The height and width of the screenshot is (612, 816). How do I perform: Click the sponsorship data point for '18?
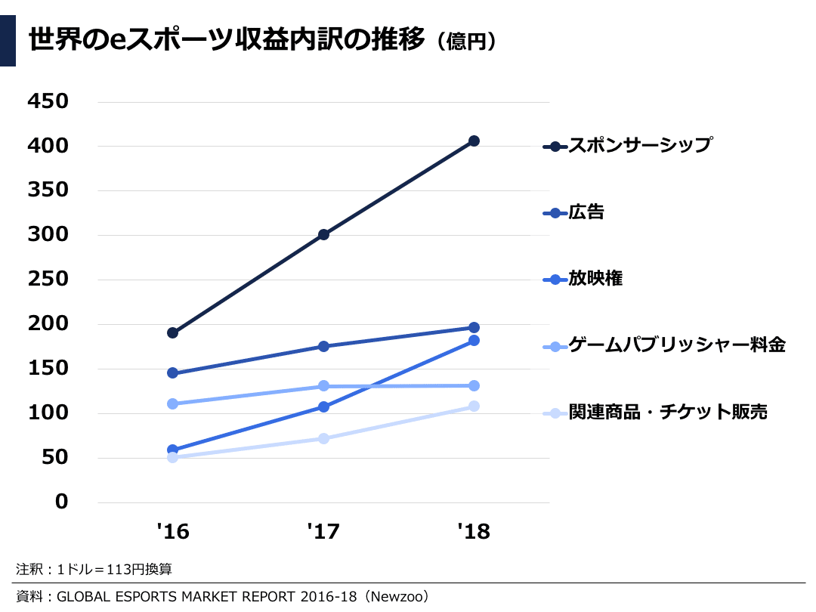474,141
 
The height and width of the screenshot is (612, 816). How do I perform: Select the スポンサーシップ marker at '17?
323,234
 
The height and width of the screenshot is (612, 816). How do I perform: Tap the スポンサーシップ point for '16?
172,332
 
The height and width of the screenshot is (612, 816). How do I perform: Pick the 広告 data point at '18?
474,327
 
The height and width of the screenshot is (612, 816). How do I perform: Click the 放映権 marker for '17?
323,406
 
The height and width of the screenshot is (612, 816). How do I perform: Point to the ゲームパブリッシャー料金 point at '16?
172,403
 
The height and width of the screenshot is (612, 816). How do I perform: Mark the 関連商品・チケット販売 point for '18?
474,406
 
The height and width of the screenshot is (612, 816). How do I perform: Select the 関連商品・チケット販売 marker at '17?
323,438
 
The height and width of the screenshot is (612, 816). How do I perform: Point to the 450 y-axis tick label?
47,101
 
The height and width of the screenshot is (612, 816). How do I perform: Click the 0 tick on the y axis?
61,502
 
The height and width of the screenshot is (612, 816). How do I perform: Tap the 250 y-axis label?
47,280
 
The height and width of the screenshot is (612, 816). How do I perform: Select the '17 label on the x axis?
323,532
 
